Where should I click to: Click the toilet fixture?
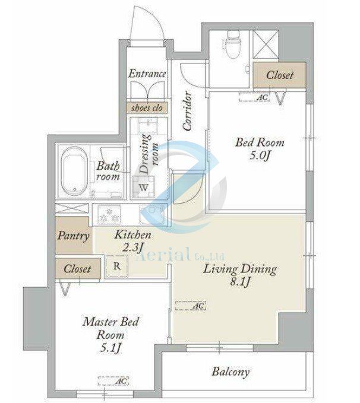(233, 44)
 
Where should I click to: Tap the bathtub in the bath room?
(74, 171)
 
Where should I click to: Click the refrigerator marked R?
(117, 266)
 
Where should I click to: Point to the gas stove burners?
(109, 215)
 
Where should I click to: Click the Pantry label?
(73, 236)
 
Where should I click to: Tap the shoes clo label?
(147, 108)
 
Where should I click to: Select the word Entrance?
(147, 74)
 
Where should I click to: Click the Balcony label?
(230, 372)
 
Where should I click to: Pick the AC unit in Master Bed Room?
(113, 381)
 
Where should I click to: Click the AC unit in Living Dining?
(191, 306)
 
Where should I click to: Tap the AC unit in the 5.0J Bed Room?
(255, 97)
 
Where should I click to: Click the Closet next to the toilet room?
(279, 75)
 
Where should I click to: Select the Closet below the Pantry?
(78, 269)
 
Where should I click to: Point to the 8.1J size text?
(240, 282)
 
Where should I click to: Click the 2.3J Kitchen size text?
(132, 247)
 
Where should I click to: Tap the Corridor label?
(187, 112)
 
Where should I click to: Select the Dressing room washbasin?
(149, 126)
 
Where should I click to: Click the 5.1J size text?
(110, 348)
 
